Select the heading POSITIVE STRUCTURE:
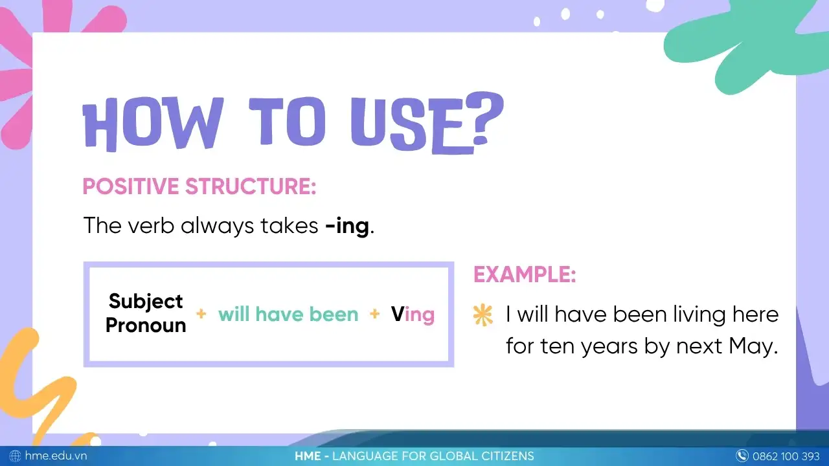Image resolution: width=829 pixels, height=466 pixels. (199, 186)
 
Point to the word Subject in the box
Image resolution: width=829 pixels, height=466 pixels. (146, 301)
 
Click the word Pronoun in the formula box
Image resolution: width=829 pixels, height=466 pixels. (146, 325)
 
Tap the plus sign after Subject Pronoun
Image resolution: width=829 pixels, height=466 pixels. (201, 314)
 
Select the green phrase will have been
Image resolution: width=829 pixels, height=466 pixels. (288, 315)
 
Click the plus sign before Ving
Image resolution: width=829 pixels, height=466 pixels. (374, 314)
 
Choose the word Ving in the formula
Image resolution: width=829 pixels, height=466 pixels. (413, 315)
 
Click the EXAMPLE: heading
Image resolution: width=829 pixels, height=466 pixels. (525, 274)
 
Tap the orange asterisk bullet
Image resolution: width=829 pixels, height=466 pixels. (483, 315)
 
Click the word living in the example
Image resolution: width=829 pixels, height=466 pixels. (690, 315)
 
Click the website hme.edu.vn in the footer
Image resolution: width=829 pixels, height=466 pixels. (56, 456)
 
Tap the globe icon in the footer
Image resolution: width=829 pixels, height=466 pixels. (16, 456)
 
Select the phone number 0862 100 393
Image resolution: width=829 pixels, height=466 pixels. (786, 456)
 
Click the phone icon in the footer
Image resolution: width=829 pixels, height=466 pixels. (742, 456)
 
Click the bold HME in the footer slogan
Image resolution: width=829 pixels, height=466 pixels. (308, 456)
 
